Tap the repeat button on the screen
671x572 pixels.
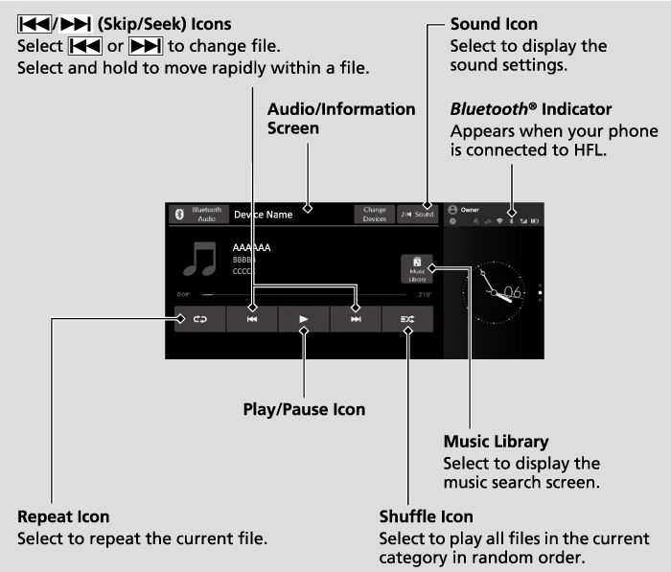[199, 319]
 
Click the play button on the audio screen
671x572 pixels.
[303, 319]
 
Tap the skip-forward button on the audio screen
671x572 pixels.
[356, 319]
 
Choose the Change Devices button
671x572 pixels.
[375, 216]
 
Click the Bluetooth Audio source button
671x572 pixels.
[198, 216]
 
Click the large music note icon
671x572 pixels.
[201, 260]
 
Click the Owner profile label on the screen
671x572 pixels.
[470, 209]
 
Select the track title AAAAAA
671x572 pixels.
[251, 247]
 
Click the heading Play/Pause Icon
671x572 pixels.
[303, 409]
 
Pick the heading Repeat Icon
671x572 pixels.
[63, 517]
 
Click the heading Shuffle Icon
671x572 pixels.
[426, 517]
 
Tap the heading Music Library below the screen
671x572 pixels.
[496, 442]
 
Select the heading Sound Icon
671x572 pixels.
[494, 24]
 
